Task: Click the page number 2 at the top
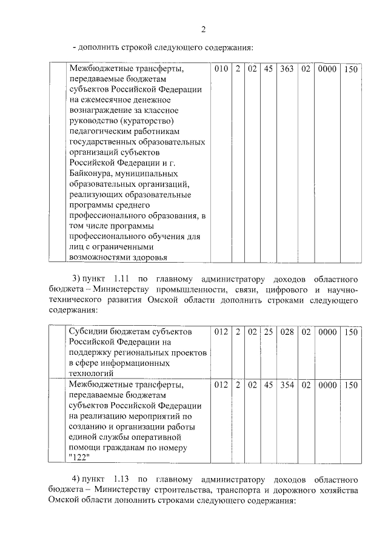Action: tap(204, 29)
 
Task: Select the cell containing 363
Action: tap(287, 69)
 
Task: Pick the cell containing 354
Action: tap(287, 385)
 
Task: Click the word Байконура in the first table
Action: tap(90, 174)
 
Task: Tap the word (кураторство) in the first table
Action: tap(141, 121)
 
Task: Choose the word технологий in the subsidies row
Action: tap(92, 374)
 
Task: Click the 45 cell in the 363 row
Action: tap(268, 69)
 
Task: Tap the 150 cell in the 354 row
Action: tap(350, 385)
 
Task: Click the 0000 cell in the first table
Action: tap(327, 69)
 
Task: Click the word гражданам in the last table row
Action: tap(135, 448)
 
